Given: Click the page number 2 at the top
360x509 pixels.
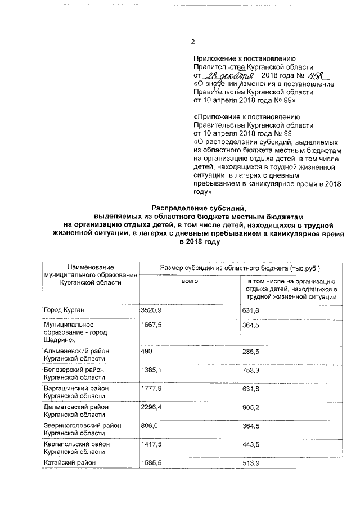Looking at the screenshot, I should [x=193, y=42].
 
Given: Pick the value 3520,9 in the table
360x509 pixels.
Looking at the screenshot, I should [x=151, y=310].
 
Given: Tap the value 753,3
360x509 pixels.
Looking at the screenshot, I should [x=251, y=370].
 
